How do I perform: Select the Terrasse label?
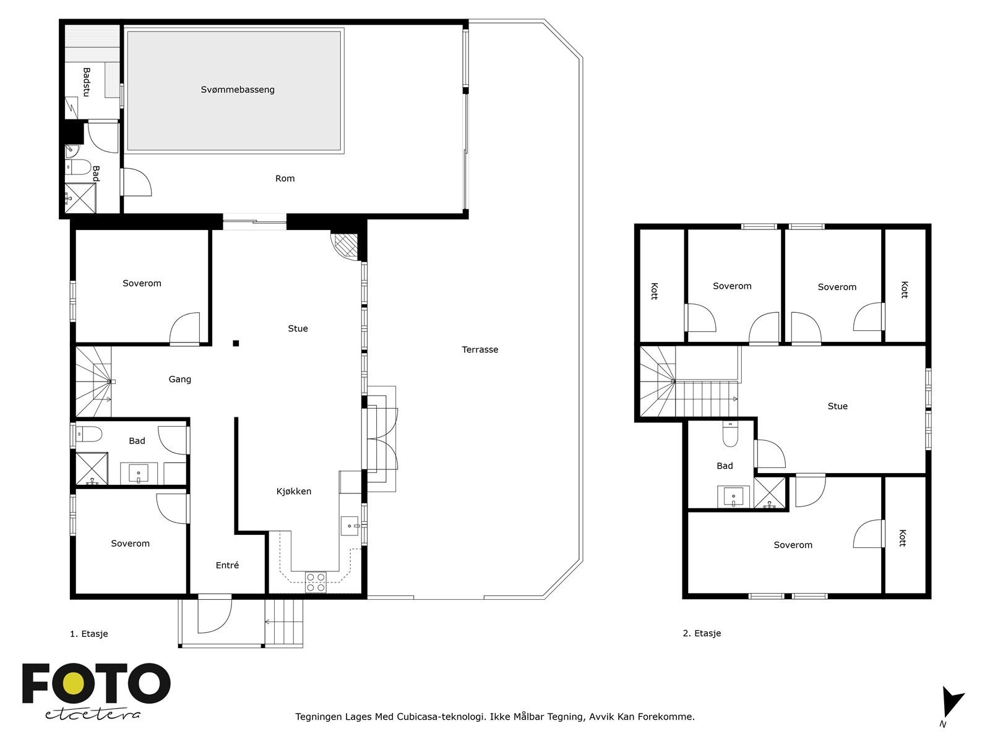pyautogui.click(x=480, y=349)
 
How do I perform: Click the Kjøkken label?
pyautogui.click(x=293, y=492)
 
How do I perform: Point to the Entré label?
pyautogui.click(x=227, y=565)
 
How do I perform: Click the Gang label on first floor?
pyautogui.click(x=179, y=379)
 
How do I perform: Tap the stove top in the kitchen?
pyautogui.click(x=316, y=582)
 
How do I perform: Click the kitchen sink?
pyautogui.click(x=350, y=526)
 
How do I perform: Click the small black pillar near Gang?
pyautogui.click(x=236, y=343)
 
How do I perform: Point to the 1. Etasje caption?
pyautogui.click(x=88, y=634)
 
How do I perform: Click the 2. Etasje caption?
pyautogui.click(x=702, y=633)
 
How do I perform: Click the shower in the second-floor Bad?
pyautogui.click(x=770, y=493)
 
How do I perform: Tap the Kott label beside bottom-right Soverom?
pyautogui.click(x=903, y=538)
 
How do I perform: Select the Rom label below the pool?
pyautogui.click(x=285, y=179)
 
